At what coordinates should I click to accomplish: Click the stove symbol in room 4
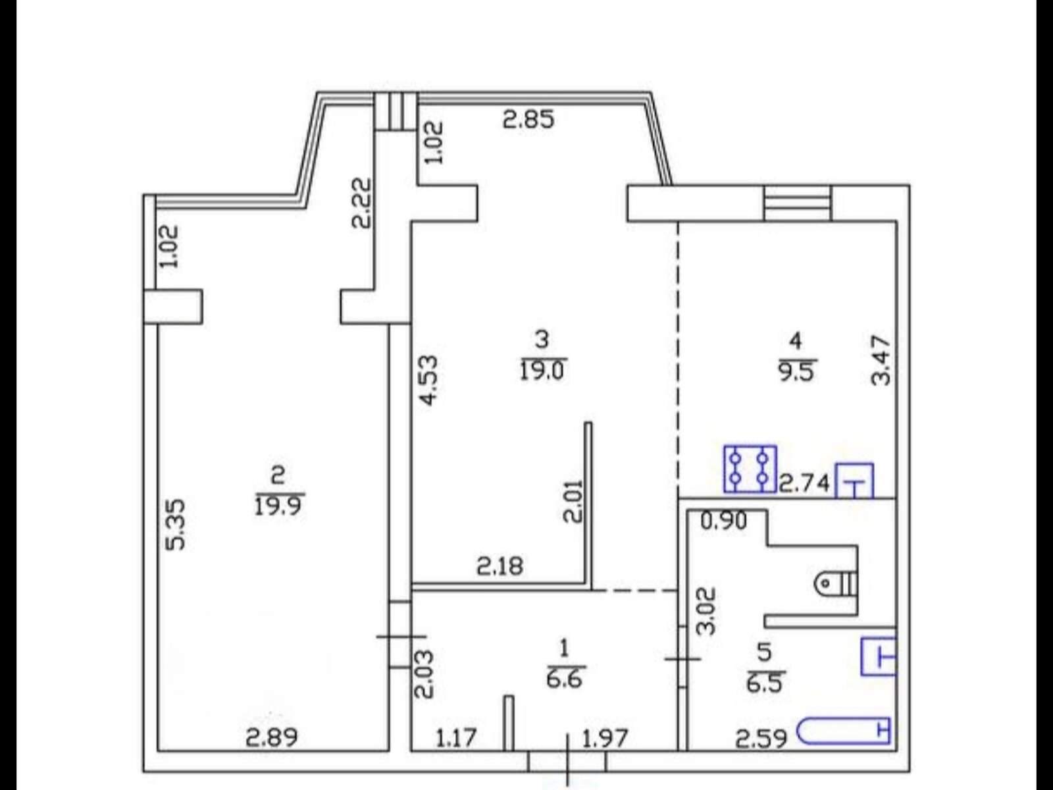click(750, 469)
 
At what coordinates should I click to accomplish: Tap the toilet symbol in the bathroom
click(835, 584)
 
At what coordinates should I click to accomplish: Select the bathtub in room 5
click(843, 731)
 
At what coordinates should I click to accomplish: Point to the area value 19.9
click(278, 506)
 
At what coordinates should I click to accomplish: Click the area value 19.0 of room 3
click(542, 371)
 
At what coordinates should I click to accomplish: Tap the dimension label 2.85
click(528, 119)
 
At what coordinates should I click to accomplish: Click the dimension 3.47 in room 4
click(881, 361)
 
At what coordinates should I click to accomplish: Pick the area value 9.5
click(797, 371)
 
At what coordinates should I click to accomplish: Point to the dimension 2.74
click(804, 483)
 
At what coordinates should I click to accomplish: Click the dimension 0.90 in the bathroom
click(724, 521)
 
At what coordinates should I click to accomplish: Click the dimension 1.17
click(456, 738)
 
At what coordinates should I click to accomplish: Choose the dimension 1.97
click(605, 738)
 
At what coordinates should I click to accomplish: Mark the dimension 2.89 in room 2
click(272, 738)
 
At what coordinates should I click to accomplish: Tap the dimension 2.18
click(500, 566)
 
